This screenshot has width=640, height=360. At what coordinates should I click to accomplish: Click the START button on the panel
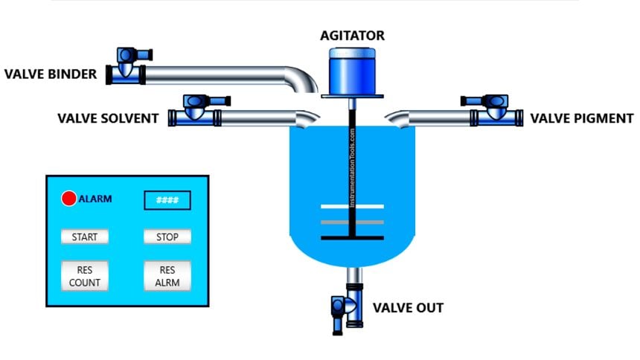click(x=84, y=237)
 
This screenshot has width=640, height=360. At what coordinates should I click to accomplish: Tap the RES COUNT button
click(x=84, y=276)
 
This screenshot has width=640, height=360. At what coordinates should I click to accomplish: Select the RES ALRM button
click(x=167, y=276)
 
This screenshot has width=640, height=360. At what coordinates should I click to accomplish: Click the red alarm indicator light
click(x=68, y=199)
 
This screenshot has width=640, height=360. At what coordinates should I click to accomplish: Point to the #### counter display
click(x=167, y=200)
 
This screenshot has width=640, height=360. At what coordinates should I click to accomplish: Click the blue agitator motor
click(x=353, y=71)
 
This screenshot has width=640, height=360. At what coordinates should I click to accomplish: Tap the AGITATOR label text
click(x=353, y=35)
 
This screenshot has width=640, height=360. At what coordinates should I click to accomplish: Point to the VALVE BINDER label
click(x=51, y=74)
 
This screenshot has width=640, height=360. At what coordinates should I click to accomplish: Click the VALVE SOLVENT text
click(x=107, y=118)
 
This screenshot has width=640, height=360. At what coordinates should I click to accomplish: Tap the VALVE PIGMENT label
click(x=581, y=118)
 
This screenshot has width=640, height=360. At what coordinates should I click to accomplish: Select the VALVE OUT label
click(x=408, y=307)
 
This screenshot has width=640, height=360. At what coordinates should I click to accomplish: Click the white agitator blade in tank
click(x=352, y=207)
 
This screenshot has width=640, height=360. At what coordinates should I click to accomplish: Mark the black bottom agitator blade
click(x=352, y=238)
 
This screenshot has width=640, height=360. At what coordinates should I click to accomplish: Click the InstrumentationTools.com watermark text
click(x=353, y=167)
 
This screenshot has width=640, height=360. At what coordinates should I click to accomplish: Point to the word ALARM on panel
click(x=95, y=199)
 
